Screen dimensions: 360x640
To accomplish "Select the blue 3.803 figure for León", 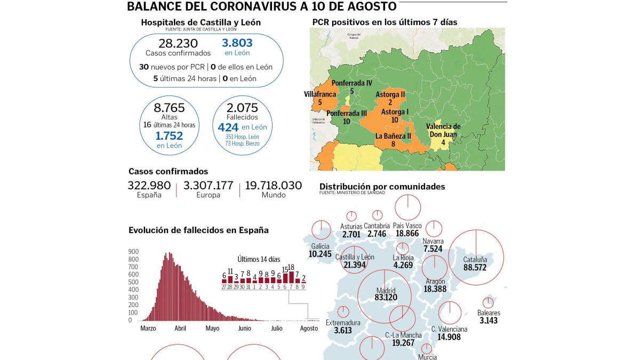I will (x=237, y=43).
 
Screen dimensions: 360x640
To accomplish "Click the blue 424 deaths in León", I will (x=228, y=127).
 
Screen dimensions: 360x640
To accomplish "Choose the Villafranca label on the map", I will (x=320, y=94).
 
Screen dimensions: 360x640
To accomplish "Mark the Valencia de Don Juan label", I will (x=443, y=130).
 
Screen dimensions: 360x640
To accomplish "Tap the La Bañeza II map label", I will (x=393, y=136).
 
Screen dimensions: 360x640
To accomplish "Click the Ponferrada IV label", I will (x=351, y=84).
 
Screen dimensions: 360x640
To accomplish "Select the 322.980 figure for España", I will (x=149, y=186).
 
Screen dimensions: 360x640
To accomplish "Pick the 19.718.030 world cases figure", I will (x=273, y=186).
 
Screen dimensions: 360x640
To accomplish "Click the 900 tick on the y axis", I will (x=133, y=252).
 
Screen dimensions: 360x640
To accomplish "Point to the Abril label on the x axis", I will (x=180, y=329).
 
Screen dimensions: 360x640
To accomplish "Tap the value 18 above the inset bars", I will (x=291, y=267).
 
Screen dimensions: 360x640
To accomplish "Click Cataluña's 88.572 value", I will (x=475, y=267).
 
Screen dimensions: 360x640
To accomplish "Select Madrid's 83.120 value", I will (x=386, y=298).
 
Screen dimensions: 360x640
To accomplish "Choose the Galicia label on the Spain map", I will (x=319, y=246).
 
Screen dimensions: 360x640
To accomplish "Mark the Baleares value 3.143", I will (x=489, y=321).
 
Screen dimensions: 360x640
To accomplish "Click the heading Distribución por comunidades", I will (x=382, y=187).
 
